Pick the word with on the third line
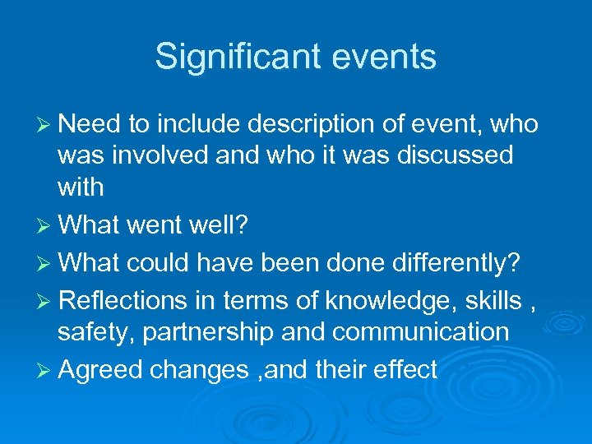click(x=81, y=187)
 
